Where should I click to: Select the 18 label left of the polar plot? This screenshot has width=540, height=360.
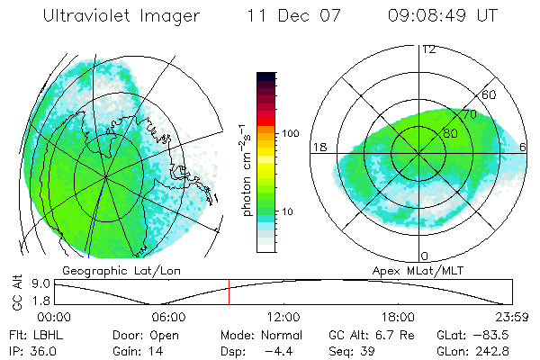319,147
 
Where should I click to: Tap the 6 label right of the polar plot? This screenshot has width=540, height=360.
524,147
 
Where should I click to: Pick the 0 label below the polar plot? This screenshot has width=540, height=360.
424,256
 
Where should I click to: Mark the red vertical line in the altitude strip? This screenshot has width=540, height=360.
229,292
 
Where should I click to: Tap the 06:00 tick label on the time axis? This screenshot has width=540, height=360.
168,317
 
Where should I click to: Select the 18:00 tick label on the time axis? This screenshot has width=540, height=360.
398,317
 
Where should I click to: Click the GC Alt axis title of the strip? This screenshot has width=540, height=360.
15,293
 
